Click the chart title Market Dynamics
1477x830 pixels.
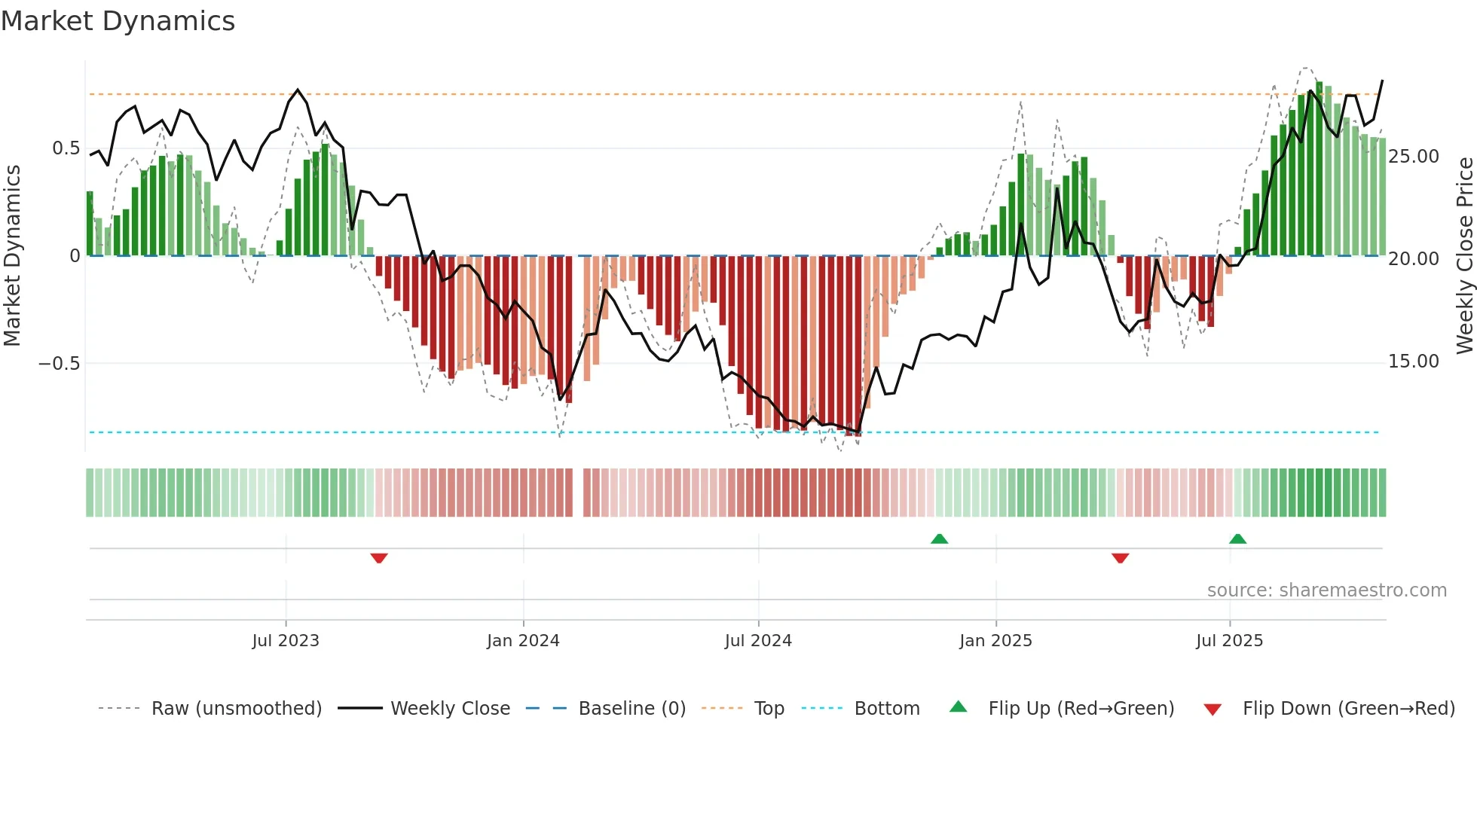pyautogui.click(x=118, y=21)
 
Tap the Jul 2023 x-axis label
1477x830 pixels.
pyautogui.click(x=286, y=641)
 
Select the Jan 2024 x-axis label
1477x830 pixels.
pyautogui.click(x=523, y=641)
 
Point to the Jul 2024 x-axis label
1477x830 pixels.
pyautogui.click(x=758, y=641)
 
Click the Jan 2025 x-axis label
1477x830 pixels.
pyautogui.click(x=995, y=641)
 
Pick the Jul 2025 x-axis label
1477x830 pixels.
pyautogui.click(x=1229, y=641)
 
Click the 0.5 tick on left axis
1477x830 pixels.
pyautogui.click(x=66, y=148)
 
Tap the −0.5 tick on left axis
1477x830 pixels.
pyautogui.click(x=59, y=364)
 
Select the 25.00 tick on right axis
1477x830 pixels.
pyautogui.click(x=1414, y=157)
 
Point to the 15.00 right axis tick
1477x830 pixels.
pyautogui.click(x=1414, y=362)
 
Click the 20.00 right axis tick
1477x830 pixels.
pyautogui.click(x=1414, y=259)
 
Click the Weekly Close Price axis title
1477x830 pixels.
pyautogui.click(x=1464, y=256)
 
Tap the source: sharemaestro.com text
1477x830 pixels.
pyautogui.click(x=1326, y=590)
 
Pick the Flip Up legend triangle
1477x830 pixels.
pyautogui.click(x=958, y=707)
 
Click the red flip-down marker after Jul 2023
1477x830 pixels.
pyautogui.click(x=379, y=558)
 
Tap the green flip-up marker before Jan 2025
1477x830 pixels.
pyautogui.click(x=939, y=539)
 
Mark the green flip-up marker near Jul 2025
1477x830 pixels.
pyautogui.click(x=1237, y=539)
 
